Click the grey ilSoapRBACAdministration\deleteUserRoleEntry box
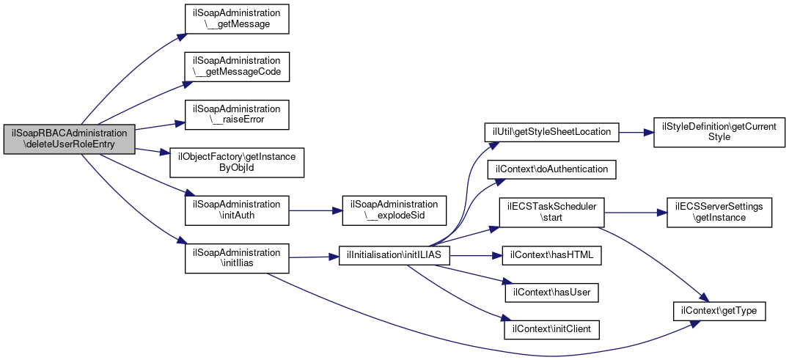(x=70, y=139)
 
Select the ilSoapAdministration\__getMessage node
(x=237, y=19)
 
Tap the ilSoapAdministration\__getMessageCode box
(x=237, y=67)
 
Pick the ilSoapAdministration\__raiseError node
(x=237, y=114)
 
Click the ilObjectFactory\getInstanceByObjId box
(x=237, y=162)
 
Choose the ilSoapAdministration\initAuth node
(x=237, y=210)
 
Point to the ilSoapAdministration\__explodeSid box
(x=394, y=210)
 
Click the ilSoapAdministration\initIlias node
(x=237, y=258)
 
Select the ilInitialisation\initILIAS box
(x=394, y=255)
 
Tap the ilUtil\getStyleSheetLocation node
(x=551, y=132)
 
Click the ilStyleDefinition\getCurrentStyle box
(x=719, y=132)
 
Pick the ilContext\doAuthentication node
(x=551, y=170)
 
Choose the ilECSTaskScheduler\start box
(x=551, y=212)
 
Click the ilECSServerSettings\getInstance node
(x=719, y=212)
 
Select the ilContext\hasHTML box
(x=551, y=255)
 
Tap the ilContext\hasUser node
(x=551, y=293)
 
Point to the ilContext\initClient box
(x=551, y=330)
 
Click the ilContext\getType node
(x=719, y=311)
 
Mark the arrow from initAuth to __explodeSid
(x=315, y=210)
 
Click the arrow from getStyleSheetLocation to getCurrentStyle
(x=636, y=132)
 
